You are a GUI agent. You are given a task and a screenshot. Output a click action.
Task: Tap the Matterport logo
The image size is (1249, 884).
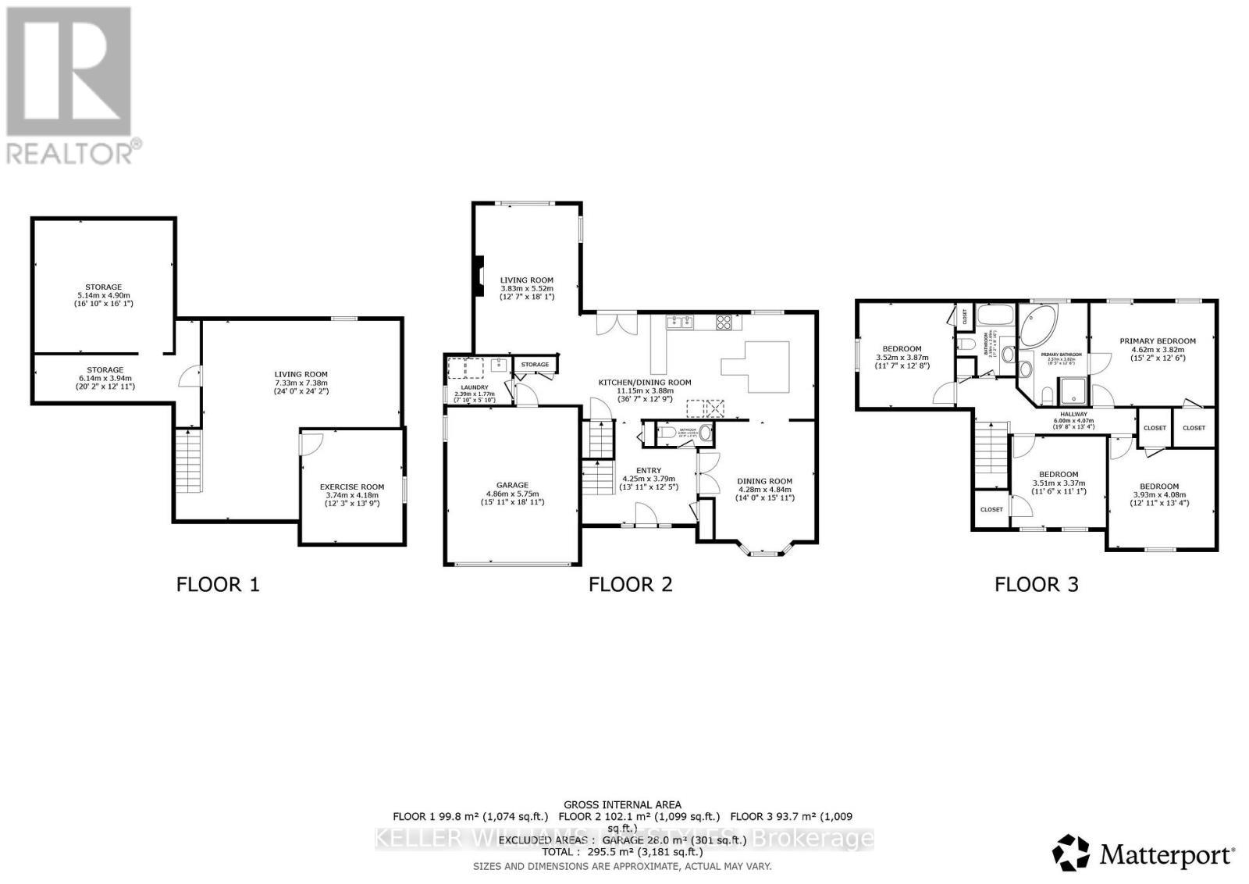coord(1144,853)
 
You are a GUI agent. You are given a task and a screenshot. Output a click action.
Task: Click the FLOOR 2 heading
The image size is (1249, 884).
coord(630,584)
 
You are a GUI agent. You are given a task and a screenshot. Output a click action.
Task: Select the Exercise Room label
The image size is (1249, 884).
coord(351,487)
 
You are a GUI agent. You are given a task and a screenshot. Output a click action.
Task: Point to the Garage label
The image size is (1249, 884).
coord(512,485)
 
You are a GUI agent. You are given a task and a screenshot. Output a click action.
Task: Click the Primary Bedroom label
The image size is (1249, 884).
coord(1157,340)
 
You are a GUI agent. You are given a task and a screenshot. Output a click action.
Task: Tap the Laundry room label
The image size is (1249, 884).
coord(474,387)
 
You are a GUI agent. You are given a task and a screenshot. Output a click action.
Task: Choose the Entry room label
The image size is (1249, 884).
coord(648,470)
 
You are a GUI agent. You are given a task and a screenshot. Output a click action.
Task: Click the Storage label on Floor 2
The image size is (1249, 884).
coord(535,365)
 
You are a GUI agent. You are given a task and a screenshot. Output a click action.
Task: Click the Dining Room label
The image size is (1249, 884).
coord(764,481)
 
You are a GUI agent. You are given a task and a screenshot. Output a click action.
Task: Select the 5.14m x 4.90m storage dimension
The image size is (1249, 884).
coord(104,295)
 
